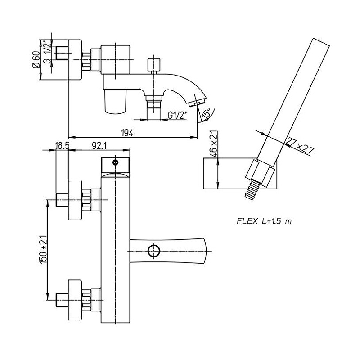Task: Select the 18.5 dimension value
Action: pyautogui.click(x=62, y=145)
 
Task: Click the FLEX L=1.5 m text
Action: pyautogui.click(x=264, y=221)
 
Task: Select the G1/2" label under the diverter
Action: pyautogui.click(x=177, y=115)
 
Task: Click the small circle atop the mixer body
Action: pyautogui.click(x=116, y=162)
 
